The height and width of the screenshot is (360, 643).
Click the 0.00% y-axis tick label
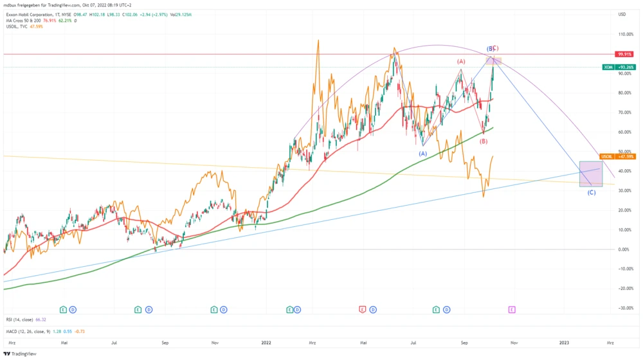click(x=622, y=249)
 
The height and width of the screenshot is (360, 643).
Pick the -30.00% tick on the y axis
click(x=624, y=308)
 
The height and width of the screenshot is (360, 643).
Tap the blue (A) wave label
click(x=423, y=154)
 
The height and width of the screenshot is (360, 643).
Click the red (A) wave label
click(x=461, y=62)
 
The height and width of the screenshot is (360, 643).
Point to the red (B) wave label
click(x=484, y=141)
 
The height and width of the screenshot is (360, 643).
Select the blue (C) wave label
click(x=592, y=192)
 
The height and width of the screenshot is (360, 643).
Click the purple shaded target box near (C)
click(x=591, y=174)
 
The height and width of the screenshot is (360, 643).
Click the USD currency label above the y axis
click(x=622, y=14)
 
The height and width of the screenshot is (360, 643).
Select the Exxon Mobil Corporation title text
click(x=32, y=14)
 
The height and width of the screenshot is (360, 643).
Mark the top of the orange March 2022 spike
click(x=318, y=40)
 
